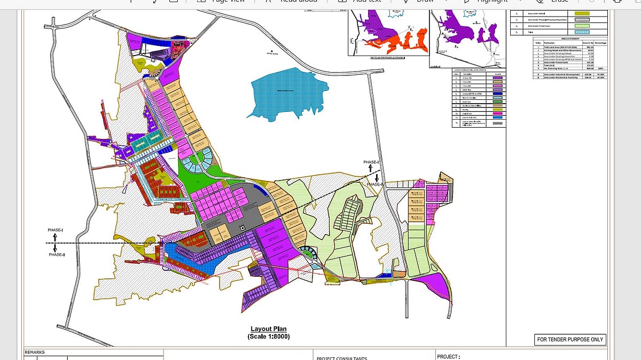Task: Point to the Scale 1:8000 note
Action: coord(269,336)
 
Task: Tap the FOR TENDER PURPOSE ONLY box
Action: coord(570,339)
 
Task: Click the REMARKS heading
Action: coord(35,353)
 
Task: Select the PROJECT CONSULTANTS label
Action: coord(342,358)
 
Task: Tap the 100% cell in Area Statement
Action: coord(600,69)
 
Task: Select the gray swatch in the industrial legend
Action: coord(497,123)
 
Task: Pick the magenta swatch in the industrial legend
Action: coord(497,113)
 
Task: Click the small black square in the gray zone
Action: coord(243,228)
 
